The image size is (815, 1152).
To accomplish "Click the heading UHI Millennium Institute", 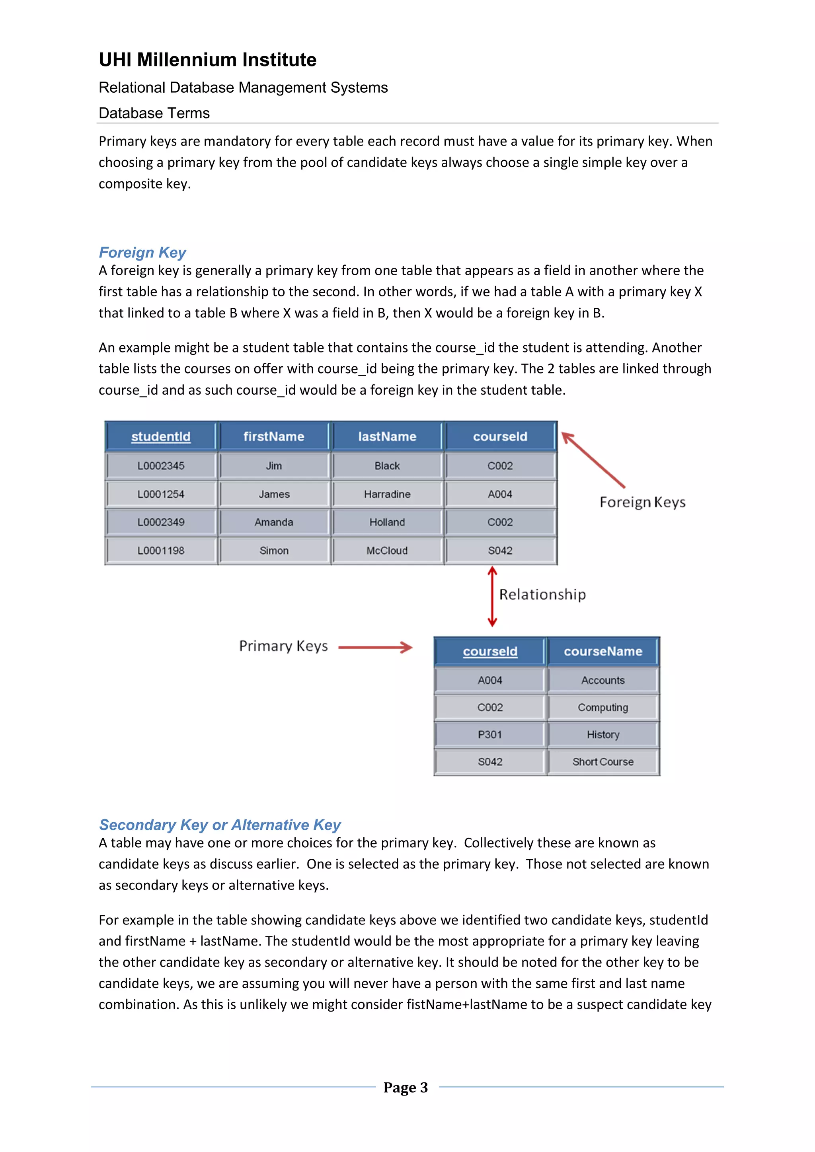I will click(x=207, y=60).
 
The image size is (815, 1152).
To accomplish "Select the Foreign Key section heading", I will click(x=142, y=252).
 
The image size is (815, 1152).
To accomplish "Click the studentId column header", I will click(x=161, y=436).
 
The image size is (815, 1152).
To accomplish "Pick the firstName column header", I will click(x=273, y=436).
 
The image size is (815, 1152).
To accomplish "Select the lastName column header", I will click(x=387, y=436).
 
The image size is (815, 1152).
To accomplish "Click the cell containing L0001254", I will click(x=161, y=494).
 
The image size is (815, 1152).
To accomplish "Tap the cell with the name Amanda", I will click(x=273, y=522).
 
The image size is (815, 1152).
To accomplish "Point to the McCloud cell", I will click(x=387, y=551).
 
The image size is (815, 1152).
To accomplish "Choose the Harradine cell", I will click(x=387, y=494).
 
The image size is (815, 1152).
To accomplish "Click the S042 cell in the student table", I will click(x=500, y=551).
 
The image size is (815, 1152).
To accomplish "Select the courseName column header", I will click(x=603, y=651).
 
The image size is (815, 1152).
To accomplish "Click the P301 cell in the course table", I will click(x=490, y=735).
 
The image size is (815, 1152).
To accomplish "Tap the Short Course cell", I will click(x=603, y=762).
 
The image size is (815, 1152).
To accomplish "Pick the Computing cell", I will click(x=603, y=707).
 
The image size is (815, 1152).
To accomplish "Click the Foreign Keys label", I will click(x=642, y=502).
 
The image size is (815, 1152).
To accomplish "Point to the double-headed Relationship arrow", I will click(x=492, y=596).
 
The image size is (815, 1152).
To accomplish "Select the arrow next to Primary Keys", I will click(x=375, y=647).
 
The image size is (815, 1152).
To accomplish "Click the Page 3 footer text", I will click(x=406, y=1087).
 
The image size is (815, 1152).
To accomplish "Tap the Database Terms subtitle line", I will click(x=154, y=113).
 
